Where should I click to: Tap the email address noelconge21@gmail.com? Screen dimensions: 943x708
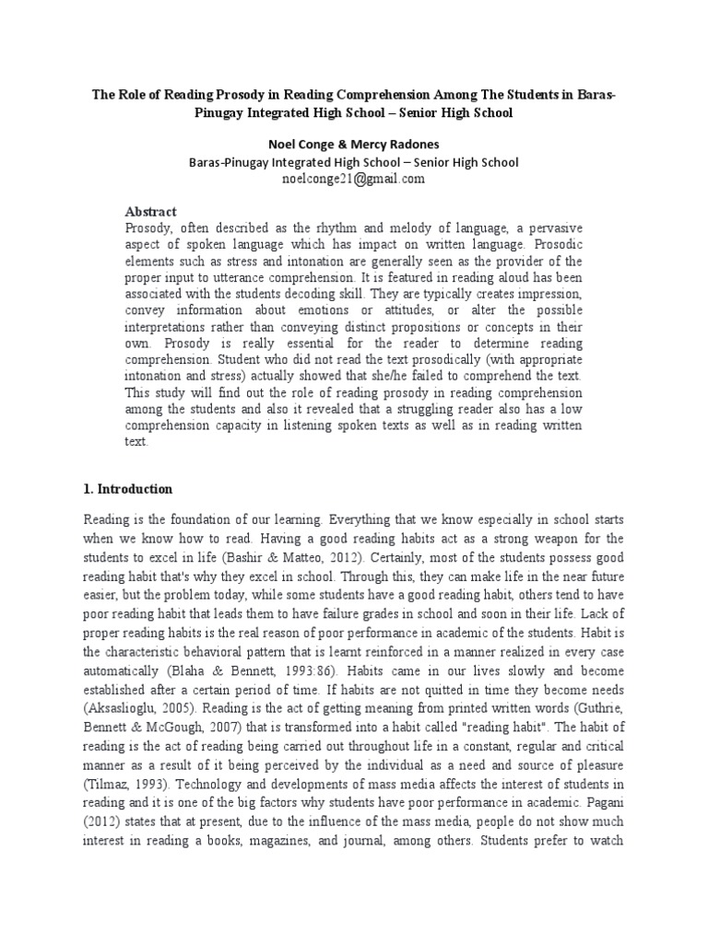pos(354,180)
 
